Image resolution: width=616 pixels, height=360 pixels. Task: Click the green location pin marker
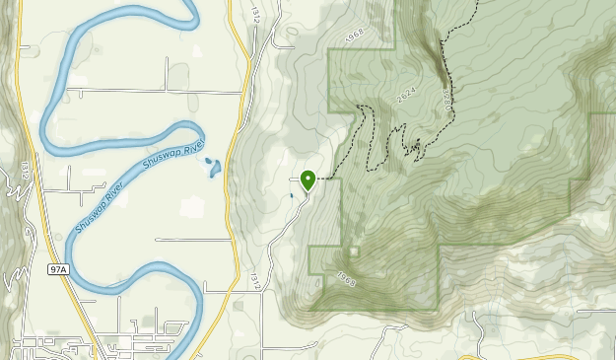click(x=308, y=179)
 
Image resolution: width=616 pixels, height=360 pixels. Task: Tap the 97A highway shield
click(x=57, y=268)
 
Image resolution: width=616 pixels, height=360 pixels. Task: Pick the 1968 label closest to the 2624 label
click(x=355, y=36)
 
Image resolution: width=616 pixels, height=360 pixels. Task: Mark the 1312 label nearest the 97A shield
click(x=21, y=171)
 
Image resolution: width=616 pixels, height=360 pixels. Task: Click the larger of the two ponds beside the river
click(x=214, y=171)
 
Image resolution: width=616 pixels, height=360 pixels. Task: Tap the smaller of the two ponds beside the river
click(x=208, y=159)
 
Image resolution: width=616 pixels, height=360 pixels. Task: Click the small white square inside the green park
click(x=354, y=252)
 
